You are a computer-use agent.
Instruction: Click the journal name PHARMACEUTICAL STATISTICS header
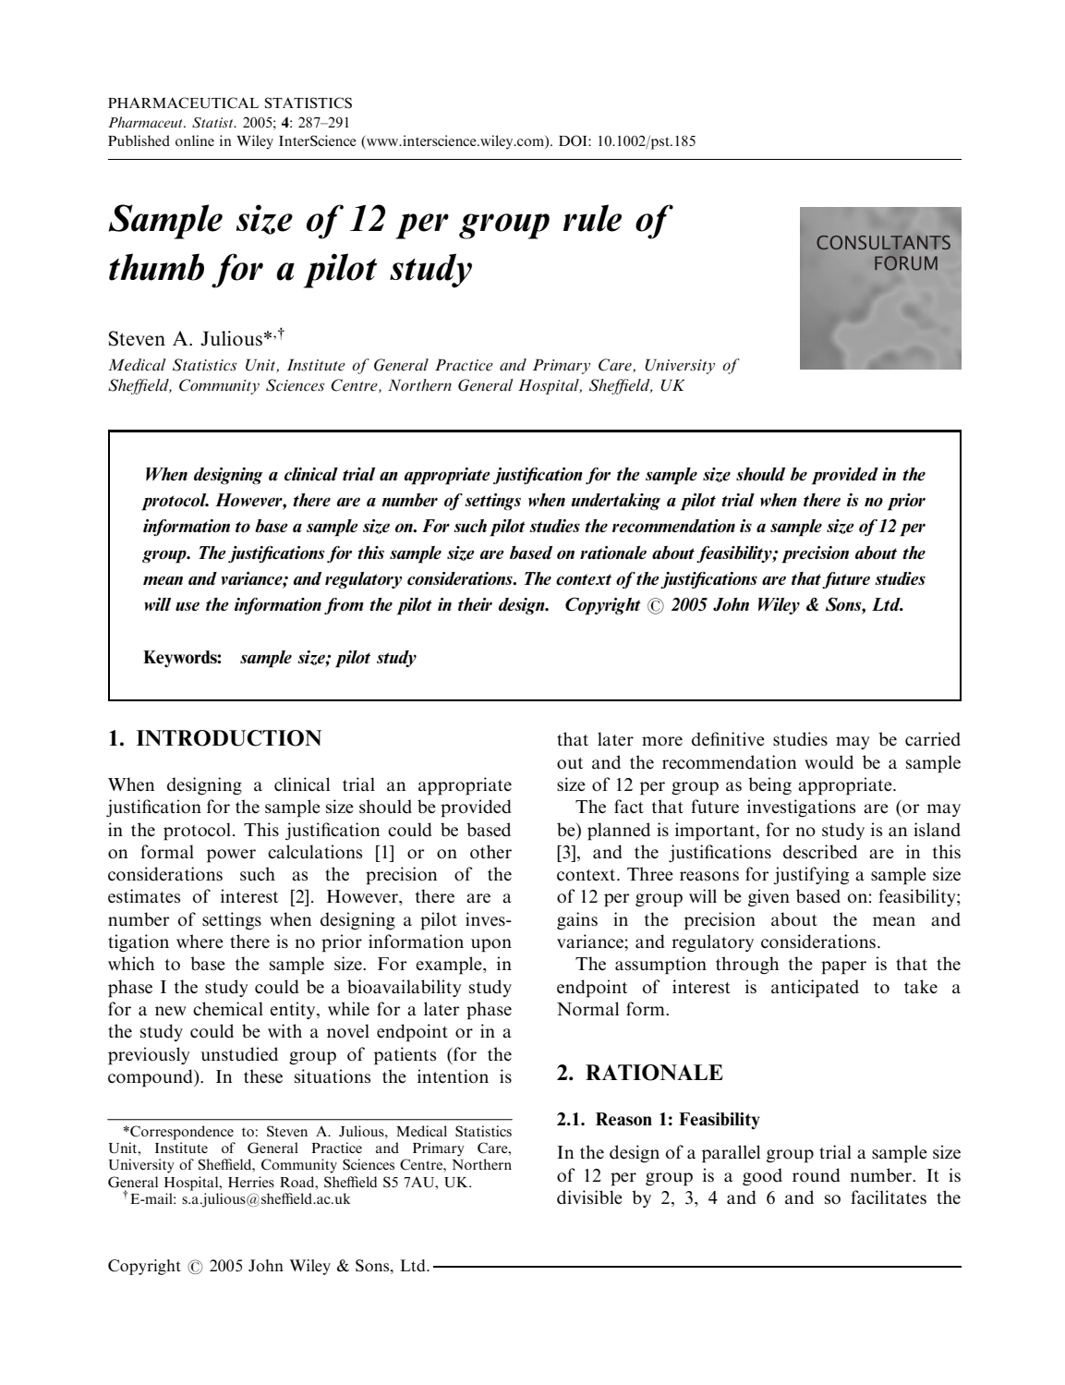click(230, 103)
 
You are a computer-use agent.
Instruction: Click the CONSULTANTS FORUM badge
click(880, 287)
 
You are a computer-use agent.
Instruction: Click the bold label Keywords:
click(182, 658)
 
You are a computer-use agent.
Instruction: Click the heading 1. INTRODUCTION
click(214, 738)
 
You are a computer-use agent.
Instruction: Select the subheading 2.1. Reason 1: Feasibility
click(658, 1120)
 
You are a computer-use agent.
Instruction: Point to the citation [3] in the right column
click(566, 853)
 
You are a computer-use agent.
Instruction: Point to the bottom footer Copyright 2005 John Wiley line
click(268, 1266)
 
